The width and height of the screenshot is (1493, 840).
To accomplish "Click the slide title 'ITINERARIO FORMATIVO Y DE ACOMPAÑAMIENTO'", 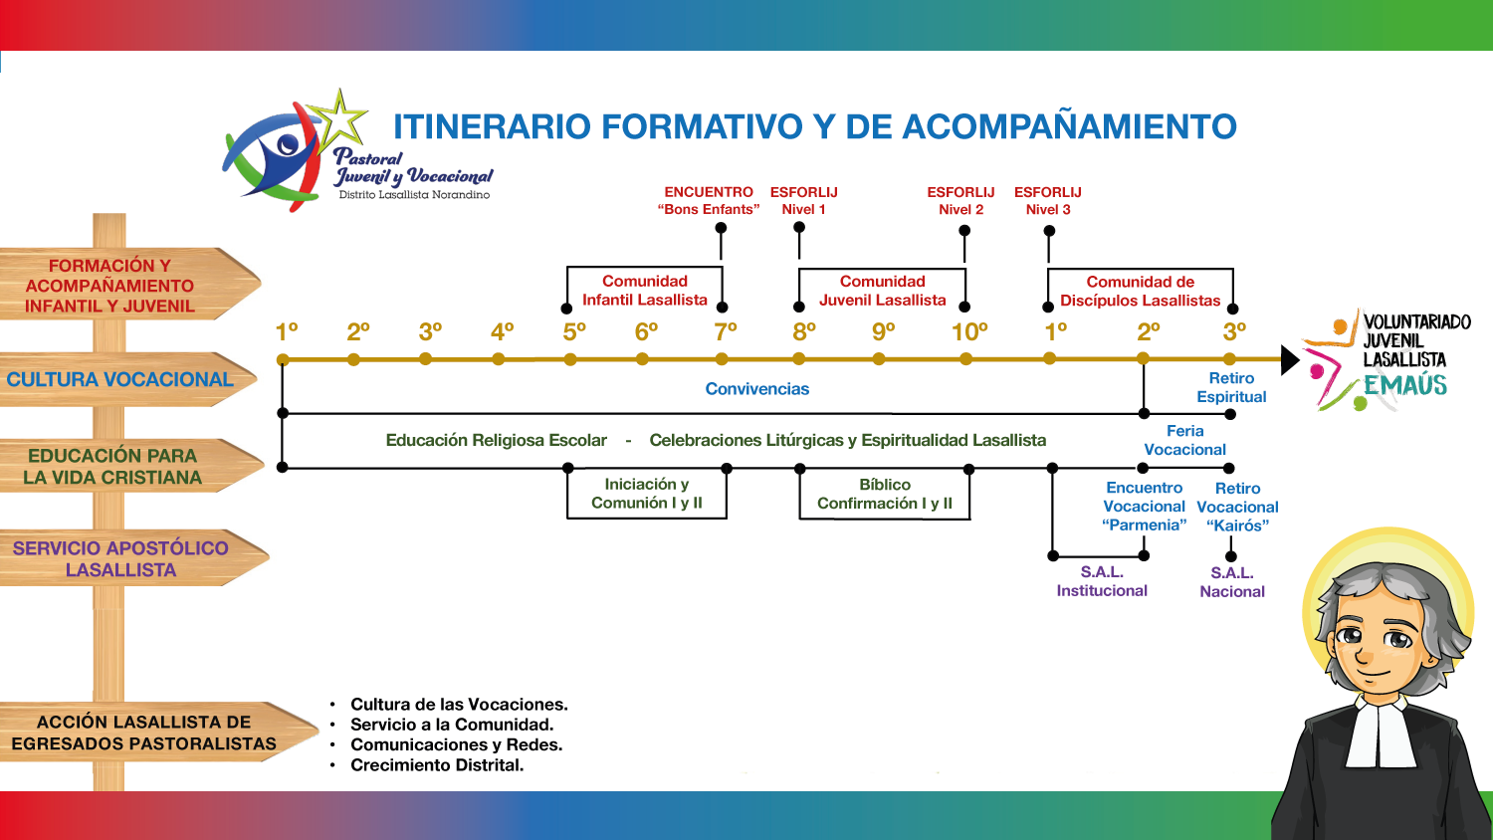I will [814, 127].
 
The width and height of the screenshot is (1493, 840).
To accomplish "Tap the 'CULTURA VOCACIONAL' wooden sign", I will [120, 379].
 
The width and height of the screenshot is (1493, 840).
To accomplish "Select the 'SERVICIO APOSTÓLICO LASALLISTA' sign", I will [120, 558].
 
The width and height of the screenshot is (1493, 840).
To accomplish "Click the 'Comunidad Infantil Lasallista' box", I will [645, 291].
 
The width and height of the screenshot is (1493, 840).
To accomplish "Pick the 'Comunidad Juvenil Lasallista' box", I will [882, 291].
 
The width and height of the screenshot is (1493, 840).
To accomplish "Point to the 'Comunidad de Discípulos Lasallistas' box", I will [1140, 291].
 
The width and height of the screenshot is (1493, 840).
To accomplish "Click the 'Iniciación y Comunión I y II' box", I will [647, 494].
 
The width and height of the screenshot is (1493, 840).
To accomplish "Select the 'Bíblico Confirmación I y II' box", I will [885, 494].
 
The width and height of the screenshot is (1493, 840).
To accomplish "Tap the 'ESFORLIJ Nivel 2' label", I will [960, 200].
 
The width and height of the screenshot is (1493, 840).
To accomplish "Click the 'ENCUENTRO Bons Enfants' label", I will [709, 200].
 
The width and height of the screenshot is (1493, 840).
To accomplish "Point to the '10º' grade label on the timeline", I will [969, 331].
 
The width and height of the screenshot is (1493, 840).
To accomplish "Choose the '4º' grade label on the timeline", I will [503, 331].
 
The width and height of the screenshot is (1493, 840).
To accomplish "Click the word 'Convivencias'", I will [757, 389].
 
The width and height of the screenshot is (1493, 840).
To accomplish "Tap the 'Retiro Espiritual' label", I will [1231, 387].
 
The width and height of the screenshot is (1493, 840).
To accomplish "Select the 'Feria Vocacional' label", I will [1184, 440].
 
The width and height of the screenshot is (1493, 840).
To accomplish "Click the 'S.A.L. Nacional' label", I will [1232, 582].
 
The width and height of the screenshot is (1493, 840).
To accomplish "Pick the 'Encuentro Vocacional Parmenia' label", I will [1144, 506].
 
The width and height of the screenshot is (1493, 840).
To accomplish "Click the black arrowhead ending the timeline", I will [1289, 359].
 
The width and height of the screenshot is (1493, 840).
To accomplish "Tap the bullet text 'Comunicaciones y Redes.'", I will [456, 744].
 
